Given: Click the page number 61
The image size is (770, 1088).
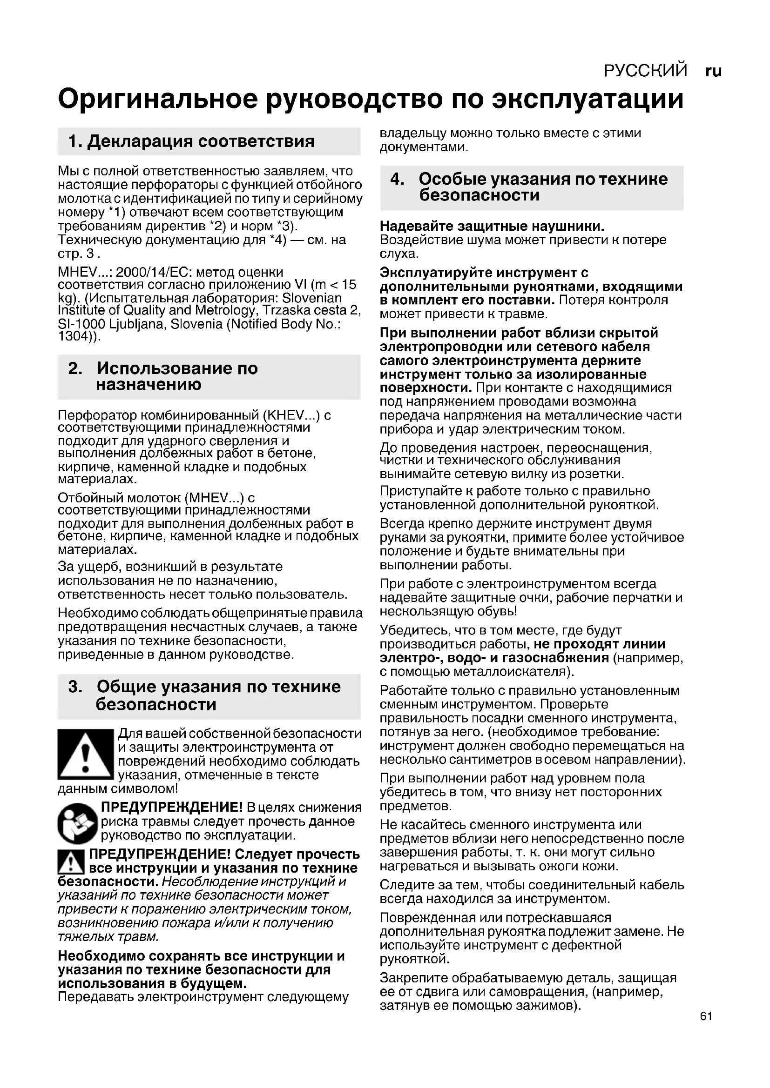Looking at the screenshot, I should (705, 1016).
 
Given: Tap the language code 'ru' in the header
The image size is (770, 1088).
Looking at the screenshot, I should (713, 71).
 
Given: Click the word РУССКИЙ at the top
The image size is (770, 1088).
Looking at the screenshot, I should (645, 71).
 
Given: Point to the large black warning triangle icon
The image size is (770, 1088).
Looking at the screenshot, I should (85, 755).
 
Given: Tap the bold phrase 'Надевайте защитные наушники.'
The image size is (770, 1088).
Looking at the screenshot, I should (492, 226).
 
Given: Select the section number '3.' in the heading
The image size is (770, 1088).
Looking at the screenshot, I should (75, 687).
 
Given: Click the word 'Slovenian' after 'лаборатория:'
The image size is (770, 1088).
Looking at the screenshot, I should (311, 298).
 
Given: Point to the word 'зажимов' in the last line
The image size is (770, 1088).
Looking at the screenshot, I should (544, 1006).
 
